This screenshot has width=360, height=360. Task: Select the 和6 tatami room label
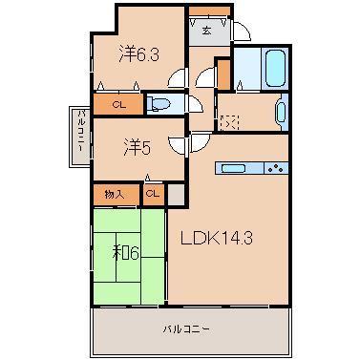pyautogui.click(x=127, y=254)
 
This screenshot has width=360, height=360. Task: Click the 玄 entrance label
pyautogui.click(x=206, y=32)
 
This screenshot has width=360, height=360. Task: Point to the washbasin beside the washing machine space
pyautogui.click(x=279, y=112)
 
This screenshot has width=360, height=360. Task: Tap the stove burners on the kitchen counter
pyautogui.click(x=275, y=168)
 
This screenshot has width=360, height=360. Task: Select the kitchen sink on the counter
pyautogui.click(x=235, y=168)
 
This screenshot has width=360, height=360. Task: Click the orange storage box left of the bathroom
pyautogui.click(x=223, y=74)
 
